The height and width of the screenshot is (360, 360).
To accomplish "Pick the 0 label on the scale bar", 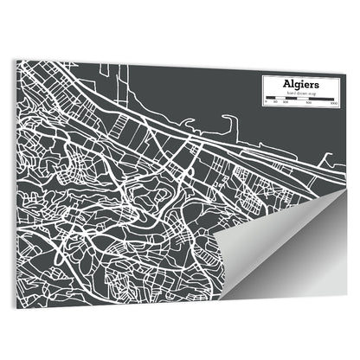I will pyautogui.click(x=267, y=103).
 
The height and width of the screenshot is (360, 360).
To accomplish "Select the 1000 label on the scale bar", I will pyautogui.click(x=332, y=103).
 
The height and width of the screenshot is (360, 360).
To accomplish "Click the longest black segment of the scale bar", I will pyautogui.click(x=319, y=99).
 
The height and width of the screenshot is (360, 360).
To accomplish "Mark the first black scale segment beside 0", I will pyautogui.click(x=270, y=99).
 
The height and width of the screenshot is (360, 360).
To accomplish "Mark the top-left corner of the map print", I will pyautogui.click(x=16, y=63).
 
